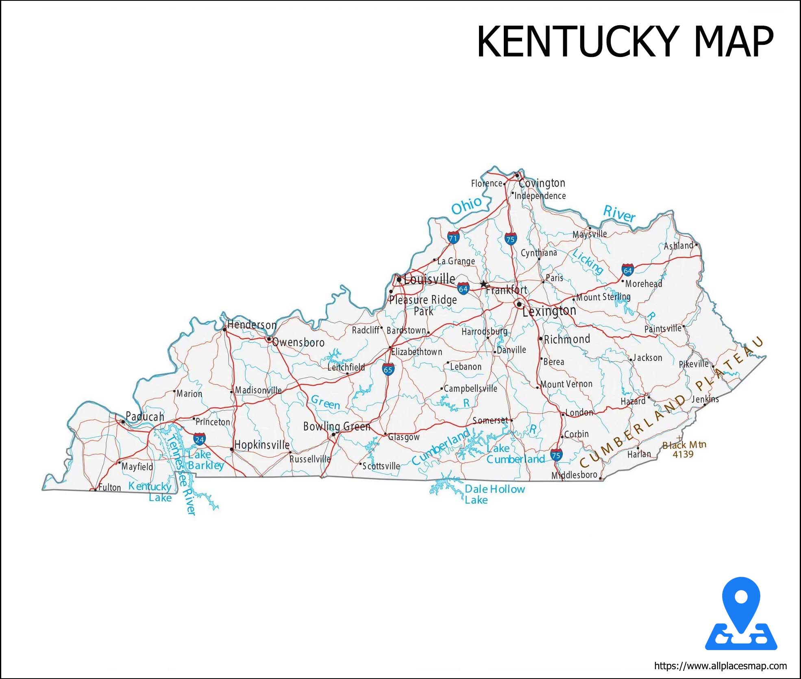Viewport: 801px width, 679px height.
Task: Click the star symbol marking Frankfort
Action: (483, 284)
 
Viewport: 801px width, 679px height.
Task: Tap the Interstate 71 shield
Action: (453, 237)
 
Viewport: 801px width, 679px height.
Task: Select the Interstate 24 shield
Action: (199, 439)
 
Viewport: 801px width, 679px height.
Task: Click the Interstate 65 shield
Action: (388, 369)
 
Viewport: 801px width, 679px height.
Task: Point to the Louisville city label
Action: (429, 279)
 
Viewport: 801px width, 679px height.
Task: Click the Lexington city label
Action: (549, 311)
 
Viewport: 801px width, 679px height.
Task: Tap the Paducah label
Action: (145, 416)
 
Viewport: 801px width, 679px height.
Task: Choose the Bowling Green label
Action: (337, 426)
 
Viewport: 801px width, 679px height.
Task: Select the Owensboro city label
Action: (298, 342)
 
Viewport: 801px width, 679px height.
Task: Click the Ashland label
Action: (678, 245)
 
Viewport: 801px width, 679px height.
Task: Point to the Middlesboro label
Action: (574, 475)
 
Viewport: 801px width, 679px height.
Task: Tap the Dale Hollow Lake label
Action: (494, 494)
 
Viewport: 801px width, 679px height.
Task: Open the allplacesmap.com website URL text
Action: (720, 666)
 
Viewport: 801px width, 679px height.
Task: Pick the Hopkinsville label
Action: (262, 445)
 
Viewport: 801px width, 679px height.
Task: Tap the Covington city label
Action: (542, 183)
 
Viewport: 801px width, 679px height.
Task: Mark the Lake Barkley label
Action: (205, 460)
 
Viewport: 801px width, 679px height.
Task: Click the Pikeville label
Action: (693, 364)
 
